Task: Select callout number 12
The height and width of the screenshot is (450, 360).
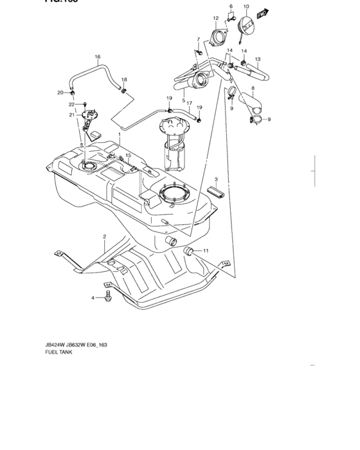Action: tap(216, 18)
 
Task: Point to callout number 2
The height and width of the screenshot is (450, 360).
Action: tap(104, 237)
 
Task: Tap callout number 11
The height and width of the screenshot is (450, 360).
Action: tap(206, 250)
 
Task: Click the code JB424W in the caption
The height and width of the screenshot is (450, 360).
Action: tap(55, 345)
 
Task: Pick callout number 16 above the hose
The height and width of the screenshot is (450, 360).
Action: tap(98, 57)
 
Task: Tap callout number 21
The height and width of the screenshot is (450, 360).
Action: tap(73, 115)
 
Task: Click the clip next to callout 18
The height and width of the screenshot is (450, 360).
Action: tap(124, 89)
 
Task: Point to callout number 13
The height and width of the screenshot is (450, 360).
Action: tap(257, 59)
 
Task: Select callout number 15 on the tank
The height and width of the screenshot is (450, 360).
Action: tap(128, 156)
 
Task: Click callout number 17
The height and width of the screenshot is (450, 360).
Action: tap(190, 102)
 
